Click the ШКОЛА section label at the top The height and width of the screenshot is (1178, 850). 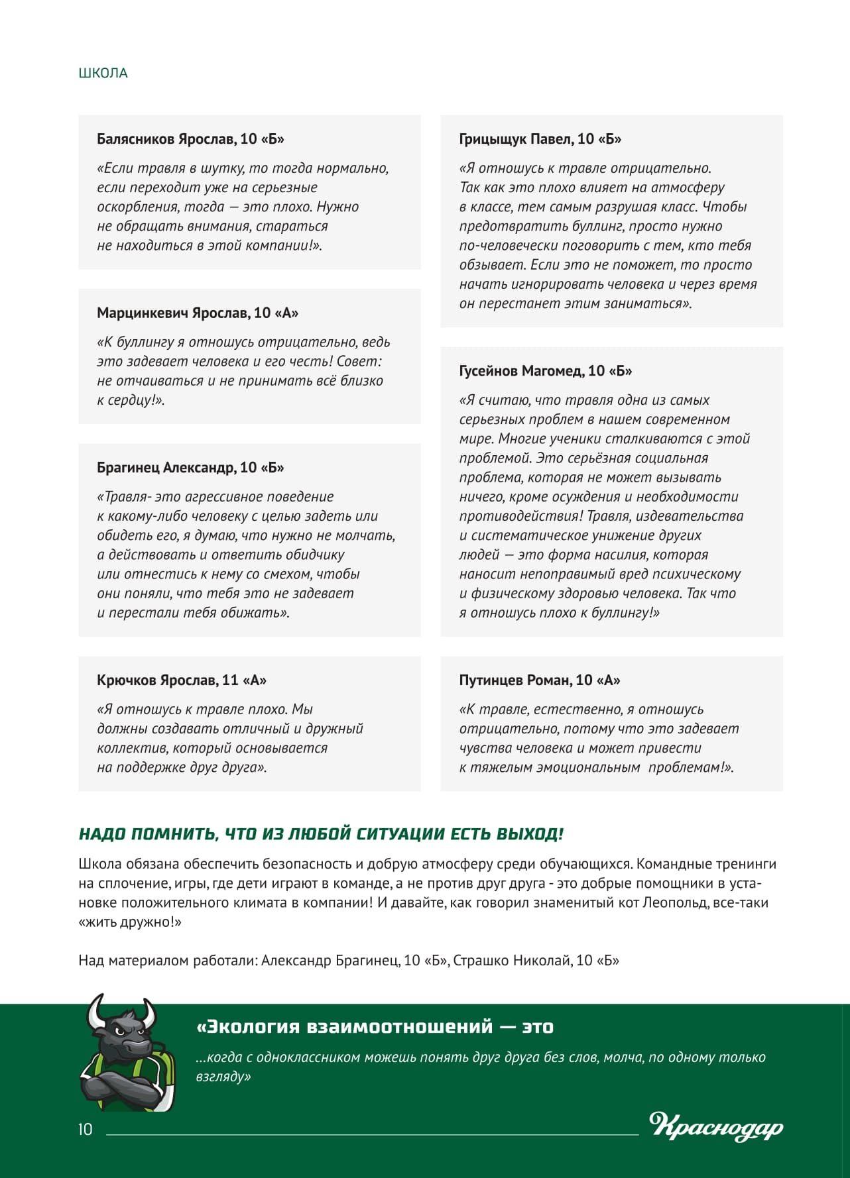point(103,73)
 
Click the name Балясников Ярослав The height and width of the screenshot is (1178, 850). point(166,139)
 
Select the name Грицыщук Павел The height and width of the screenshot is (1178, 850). point(515,139)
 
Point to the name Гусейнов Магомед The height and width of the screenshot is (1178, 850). point(520,371)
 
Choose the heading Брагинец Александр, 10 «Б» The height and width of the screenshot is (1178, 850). point(190,468)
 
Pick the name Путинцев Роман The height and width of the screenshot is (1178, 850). point(515,680)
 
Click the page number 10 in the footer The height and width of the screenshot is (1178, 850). point(86,1129)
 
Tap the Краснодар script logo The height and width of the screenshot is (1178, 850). point(716,1126)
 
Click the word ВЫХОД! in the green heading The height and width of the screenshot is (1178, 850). point(530,834)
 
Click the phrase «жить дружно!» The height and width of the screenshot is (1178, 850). point(130,922)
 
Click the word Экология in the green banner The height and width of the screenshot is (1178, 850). point(249,1027)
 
